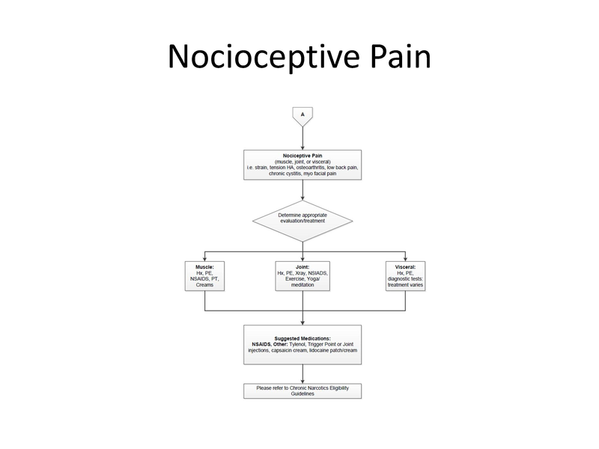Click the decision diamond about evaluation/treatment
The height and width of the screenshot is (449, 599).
tap(302, 219)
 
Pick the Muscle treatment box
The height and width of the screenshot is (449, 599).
tap(204, 276)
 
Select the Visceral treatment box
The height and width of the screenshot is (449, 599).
tap(405, 276)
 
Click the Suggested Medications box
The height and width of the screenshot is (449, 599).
tap(302, 344)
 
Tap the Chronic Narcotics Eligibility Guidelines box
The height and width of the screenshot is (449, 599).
tap(302, 391)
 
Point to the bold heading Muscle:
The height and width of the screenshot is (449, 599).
tap(204, 266)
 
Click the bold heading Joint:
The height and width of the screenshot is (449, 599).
tap(302, 266)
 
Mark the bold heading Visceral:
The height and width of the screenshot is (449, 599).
tap(405, 266)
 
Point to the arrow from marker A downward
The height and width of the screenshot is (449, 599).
tap(302, 136)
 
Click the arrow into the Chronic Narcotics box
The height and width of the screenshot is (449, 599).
tap(302, 373)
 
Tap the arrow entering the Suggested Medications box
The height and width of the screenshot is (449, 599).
tap(302, 317)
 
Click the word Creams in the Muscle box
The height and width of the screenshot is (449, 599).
tap(204, 285)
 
